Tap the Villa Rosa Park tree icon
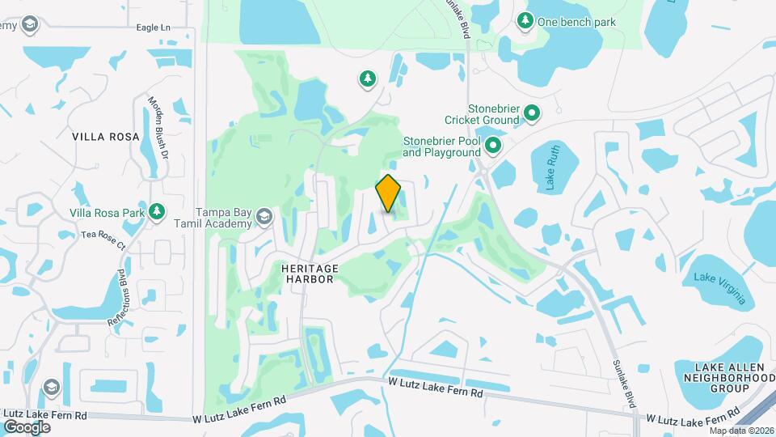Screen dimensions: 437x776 coord(157,212)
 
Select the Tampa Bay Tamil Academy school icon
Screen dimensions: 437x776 coord(264,216)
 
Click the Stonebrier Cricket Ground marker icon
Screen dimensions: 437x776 coord(532,113)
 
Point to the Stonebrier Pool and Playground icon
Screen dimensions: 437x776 coord(492,146)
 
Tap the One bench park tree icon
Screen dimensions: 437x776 coord(525,21)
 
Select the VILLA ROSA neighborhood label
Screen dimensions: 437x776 coord(106,137)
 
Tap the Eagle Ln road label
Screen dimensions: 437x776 coord(154,28)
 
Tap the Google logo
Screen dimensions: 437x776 coord(27,426)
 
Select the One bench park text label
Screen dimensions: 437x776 coord(576,22)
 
